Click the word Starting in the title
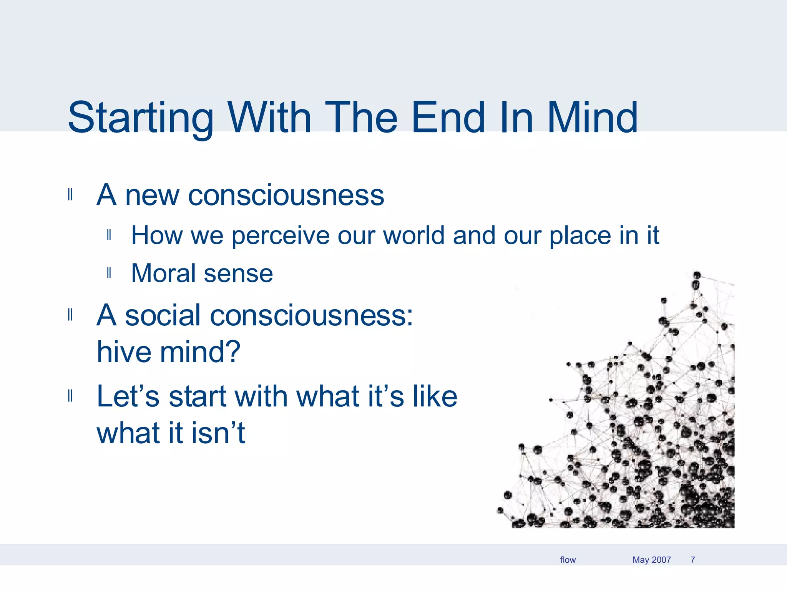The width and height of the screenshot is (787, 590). (140, 118)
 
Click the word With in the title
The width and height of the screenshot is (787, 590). (269, 118)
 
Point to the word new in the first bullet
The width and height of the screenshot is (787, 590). (152, 196)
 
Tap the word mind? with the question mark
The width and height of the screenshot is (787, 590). (200, 352)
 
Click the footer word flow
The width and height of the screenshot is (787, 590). (568, 560)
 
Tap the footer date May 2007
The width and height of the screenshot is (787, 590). (651, 560)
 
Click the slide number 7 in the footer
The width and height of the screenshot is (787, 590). (692, 560)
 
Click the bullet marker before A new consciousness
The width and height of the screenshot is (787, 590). (70, 195)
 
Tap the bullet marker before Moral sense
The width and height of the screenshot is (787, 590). (109, 273)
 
